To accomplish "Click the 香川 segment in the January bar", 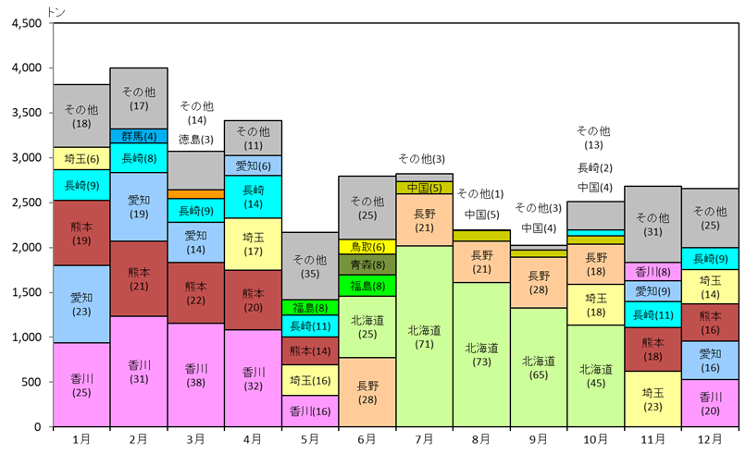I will pos(81,385).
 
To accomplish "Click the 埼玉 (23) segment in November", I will pos(653,399).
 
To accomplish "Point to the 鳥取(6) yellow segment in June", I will pos(367,247).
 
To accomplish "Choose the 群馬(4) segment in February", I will pos(139,136).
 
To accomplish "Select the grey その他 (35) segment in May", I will pos(310,265).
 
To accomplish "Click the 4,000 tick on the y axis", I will pos(28,68).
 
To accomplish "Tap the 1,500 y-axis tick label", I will pos(28,292).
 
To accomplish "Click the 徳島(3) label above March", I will pos(195,140).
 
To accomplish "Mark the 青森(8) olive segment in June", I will pos(367,264).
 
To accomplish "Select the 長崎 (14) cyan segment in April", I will pos(253,197).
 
